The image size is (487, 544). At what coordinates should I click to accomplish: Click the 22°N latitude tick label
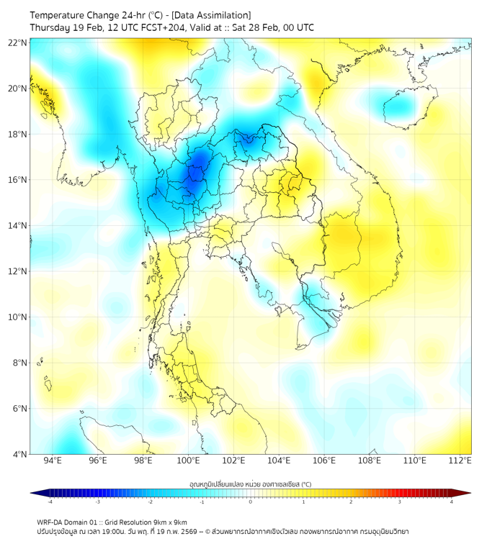[x=18, y=43]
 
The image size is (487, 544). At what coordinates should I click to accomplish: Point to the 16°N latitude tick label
[x=18, y=180]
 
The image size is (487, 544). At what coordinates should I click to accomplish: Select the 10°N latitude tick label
[x=18, y=317]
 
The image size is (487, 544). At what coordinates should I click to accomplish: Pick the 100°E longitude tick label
[x=189, y=461]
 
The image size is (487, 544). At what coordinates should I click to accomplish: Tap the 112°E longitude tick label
[x=460, y=461]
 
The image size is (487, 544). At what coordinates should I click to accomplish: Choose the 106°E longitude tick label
[x=324, y=461]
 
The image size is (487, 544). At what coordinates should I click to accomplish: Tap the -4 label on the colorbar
[x=50, y=502]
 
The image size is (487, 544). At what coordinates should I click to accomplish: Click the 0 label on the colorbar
[x=251, y=502]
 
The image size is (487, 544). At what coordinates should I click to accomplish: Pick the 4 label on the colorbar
[x=452, y=502]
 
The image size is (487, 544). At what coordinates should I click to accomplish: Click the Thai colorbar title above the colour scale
[x=250, y=484]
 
